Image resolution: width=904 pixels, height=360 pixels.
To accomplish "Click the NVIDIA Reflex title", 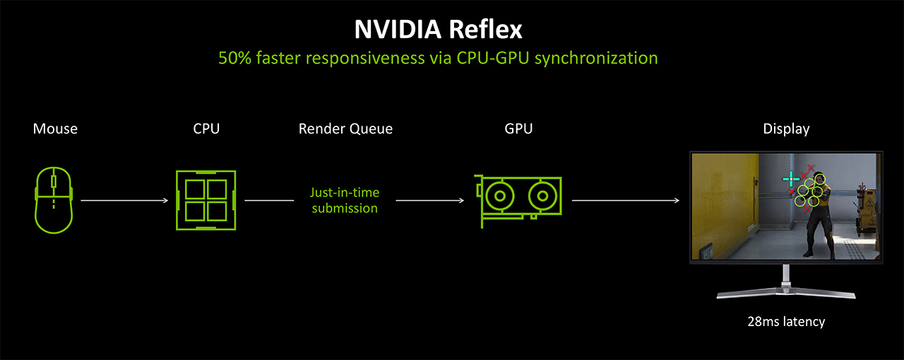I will click(x=438, y=30).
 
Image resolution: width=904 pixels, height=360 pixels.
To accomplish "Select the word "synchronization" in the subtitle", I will click(x=596, y=58).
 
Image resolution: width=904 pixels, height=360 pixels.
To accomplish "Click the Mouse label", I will click(x=55, y=129).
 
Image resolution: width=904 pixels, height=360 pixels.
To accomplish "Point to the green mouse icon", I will click(x=54, y=200).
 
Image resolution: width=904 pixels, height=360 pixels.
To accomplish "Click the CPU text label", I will click(x=206, y=129).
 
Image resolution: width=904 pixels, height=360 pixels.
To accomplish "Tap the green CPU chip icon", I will click(x=206, y=200).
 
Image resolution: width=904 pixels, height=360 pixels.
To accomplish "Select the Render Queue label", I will click(x=345, y=129).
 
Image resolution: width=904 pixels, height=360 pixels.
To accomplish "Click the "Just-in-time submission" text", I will click(x=345, y=200).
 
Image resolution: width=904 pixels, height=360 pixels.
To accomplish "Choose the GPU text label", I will click(x=518, y=129).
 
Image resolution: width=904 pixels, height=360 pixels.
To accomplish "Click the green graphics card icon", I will click(x=519, y=199).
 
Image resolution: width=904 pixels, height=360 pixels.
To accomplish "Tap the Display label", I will click(x=786, y=129).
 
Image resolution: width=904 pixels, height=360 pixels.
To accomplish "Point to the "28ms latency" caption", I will click(x=786, y=322).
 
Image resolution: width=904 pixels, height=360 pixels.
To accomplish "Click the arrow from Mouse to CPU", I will click(x=124, y=200).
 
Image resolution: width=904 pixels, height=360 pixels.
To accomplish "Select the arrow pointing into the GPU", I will click(x=429, y=200).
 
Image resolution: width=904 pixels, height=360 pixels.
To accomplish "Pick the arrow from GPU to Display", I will click(x=626, y=200).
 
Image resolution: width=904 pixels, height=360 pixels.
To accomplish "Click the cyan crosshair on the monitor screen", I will click(x=790, y=179).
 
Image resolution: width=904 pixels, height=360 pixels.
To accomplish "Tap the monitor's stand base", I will click(x=786, y=294).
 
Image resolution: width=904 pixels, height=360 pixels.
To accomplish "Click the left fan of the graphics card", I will click(x=500, y=194).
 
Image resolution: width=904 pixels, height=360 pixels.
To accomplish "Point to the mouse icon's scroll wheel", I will click(x=54, y=182).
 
